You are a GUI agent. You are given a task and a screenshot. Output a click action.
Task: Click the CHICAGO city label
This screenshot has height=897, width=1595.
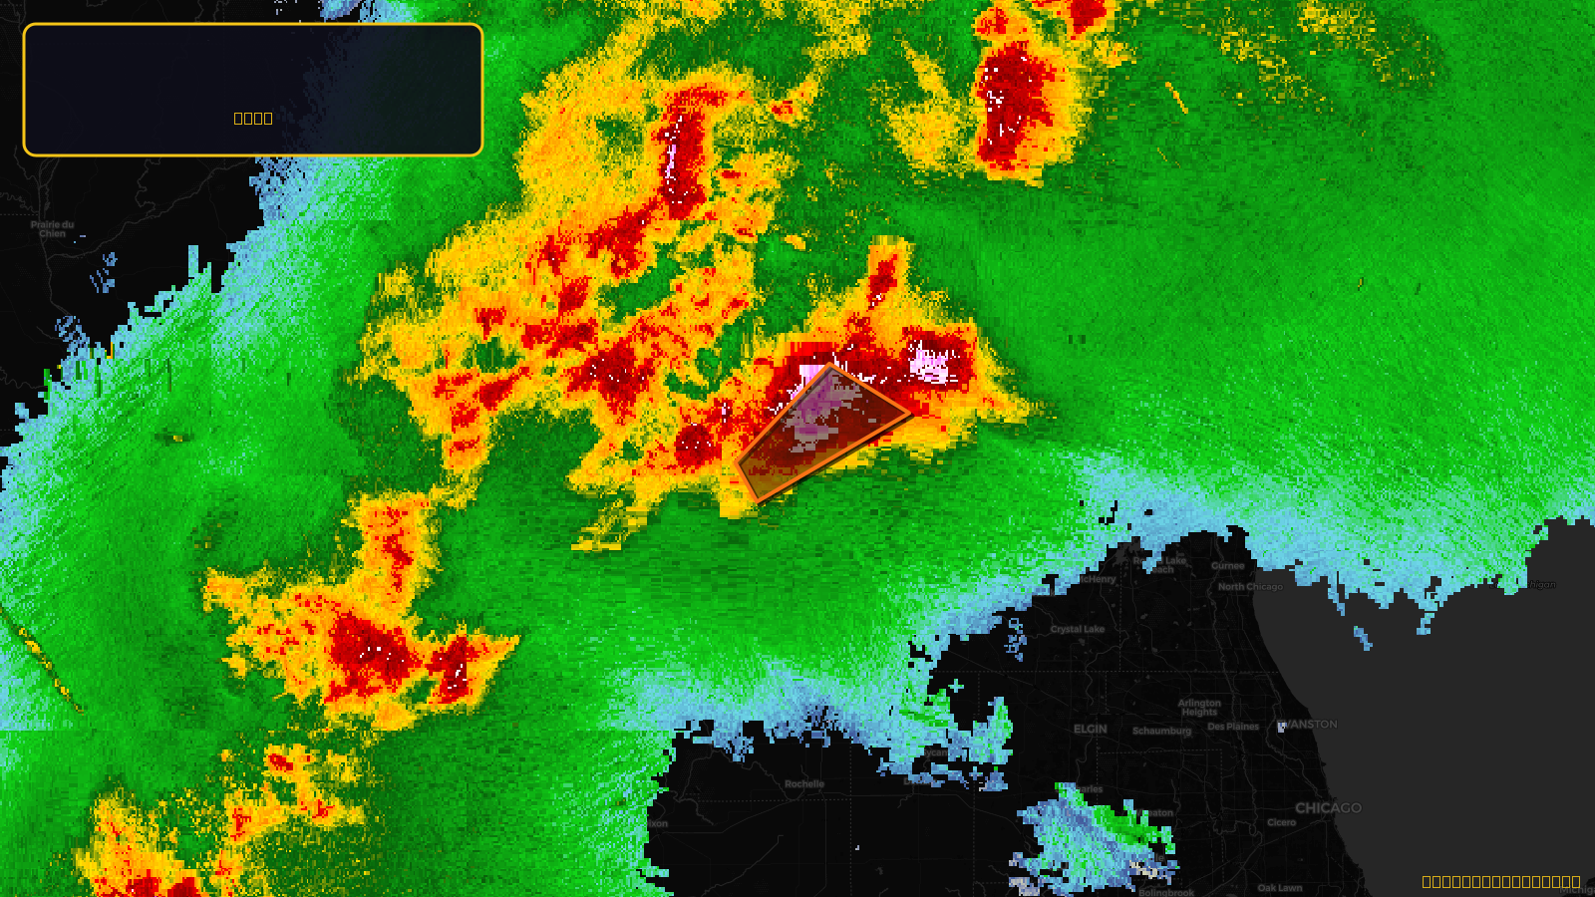(x=1328, y=807)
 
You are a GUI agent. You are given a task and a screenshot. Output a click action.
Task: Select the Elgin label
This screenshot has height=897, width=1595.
(x=1090, y=729)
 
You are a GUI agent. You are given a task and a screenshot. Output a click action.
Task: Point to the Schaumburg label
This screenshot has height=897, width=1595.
(x=1161, y=731)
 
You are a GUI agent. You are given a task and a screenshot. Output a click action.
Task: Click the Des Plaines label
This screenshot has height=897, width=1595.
(x=1233, y=727)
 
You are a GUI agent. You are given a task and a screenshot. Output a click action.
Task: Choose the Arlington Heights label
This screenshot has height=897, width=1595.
(x=1199, y=708)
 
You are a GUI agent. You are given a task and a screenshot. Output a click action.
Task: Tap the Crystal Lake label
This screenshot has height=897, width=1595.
(x=1077, y=629)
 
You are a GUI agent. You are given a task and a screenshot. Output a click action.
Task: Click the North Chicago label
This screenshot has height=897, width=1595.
(x=1250, y=586)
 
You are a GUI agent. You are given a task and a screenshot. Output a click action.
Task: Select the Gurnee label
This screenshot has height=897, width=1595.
(x=1227, y=565)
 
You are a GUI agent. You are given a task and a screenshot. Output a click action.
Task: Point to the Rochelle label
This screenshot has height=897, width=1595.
(x=803, y=783)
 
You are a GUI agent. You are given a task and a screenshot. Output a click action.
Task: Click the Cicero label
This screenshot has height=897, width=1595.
(x=1281, y=822)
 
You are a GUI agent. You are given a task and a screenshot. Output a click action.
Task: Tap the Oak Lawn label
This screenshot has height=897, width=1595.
(x=1279, y=887)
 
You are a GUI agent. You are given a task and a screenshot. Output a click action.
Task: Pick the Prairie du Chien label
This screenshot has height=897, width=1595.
(x=52, y=228)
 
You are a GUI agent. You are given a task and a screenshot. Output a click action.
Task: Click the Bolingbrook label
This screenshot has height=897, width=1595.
(x=1166, y=892)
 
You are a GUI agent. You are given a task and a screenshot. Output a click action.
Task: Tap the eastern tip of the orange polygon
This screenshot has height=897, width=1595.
(x=908, y=412)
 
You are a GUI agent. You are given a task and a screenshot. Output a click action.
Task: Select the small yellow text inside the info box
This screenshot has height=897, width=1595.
(x=253, y=118)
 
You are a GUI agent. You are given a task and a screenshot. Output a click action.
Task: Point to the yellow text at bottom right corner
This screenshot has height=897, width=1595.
(x=1500, y=881)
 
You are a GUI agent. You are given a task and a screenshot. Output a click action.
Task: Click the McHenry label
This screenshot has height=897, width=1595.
(x=1098, y=579)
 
